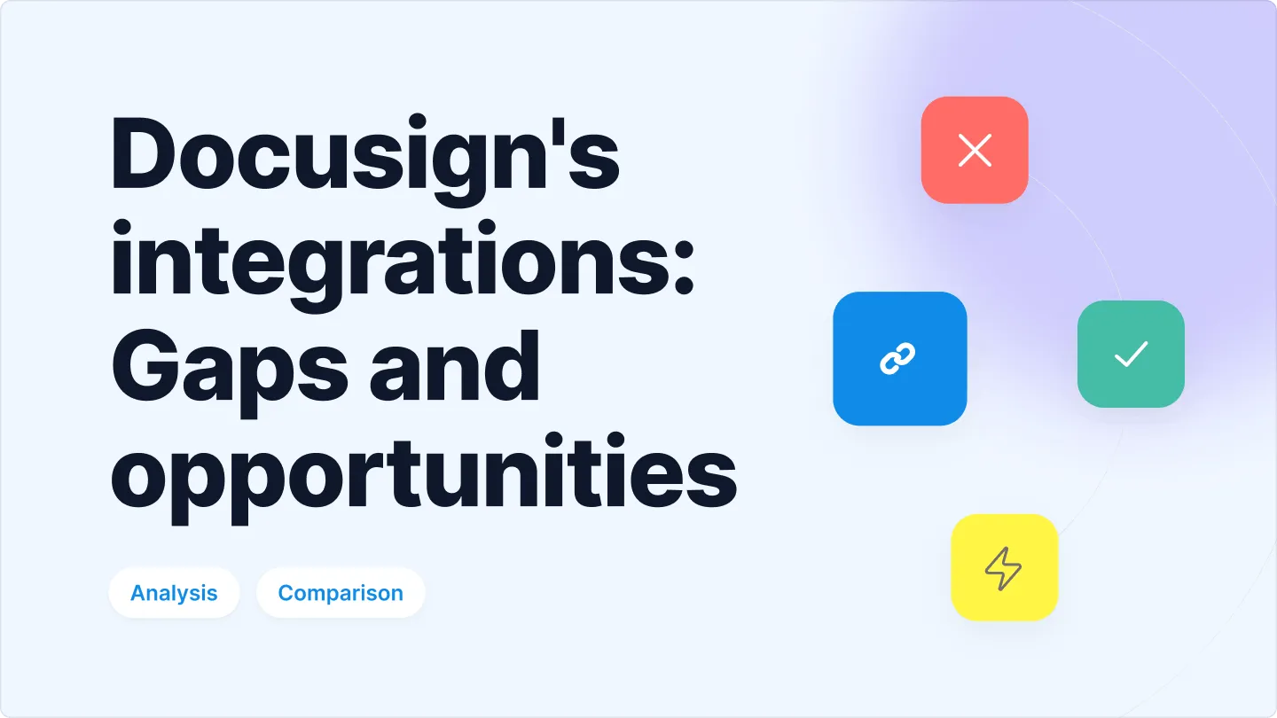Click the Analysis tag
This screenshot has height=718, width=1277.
174,593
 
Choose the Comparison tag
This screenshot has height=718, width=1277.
341,593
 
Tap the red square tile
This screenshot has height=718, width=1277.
975,150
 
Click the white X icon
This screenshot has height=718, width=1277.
975,151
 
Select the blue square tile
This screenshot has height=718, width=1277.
899,358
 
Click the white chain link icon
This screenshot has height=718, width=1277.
897,359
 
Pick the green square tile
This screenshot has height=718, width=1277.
1131,354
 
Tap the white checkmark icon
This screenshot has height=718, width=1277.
1131,355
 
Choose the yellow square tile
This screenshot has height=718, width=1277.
1004,567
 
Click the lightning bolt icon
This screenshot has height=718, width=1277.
1004,568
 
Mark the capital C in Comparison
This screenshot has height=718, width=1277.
286,593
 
